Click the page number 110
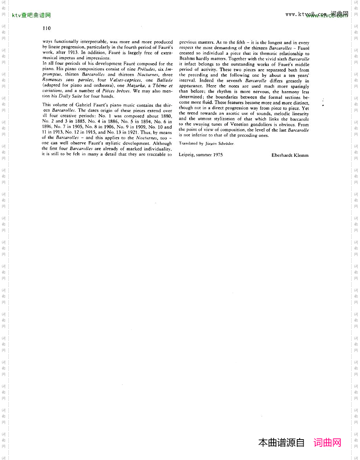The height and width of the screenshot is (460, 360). pos(46,28)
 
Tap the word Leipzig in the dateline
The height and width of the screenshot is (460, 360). pos(187,155)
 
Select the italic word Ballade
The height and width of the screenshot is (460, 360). pos(165,80)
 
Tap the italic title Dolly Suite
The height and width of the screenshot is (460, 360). pos(70,96)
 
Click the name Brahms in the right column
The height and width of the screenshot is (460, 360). pos(187,59)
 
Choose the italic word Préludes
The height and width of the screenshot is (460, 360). pos(146,69)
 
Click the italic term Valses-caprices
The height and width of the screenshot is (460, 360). pos(126,80)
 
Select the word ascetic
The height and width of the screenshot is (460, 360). pos(234,114)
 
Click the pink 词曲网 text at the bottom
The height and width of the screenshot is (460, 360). pos(327,443)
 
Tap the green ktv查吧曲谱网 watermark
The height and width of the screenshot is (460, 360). pos(31,16)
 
